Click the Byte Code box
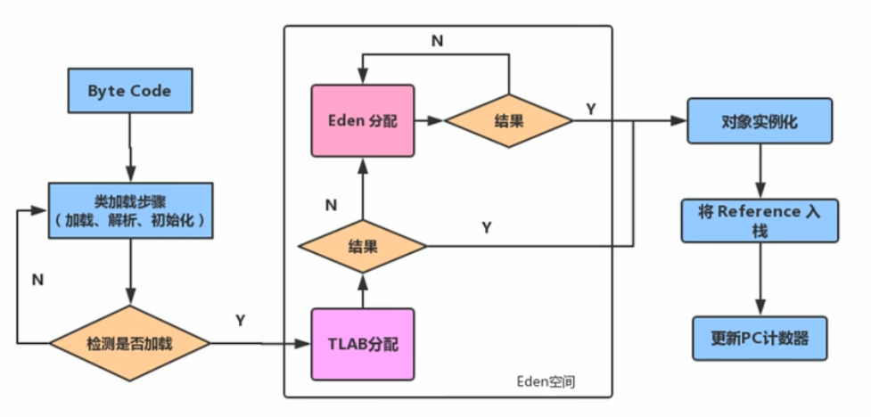point(129,91)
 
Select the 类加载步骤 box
point(130,210)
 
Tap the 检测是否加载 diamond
point(130,344)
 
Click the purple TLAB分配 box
point(363,344)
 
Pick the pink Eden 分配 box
point(363,120)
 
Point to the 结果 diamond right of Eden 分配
point(508,120)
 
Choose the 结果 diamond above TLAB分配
point(362,245)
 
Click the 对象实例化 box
point(760,120)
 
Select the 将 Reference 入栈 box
point(760,220)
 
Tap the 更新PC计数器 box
point(760,339)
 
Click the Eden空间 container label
point(546,382)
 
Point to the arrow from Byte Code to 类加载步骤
point(131,148)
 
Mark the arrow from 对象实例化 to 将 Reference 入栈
point(760,171)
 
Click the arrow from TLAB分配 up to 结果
point(363,290)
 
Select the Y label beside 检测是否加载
point(240,321)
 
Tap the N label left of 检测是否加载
point(37,280)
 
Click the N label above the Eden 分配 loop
point(438,42)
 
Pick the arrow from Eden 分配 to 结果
point(430,120)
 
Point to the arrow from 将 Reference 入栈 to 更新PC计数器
point(760,279)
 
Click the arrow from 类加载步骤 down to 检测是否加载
point(131,272)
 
